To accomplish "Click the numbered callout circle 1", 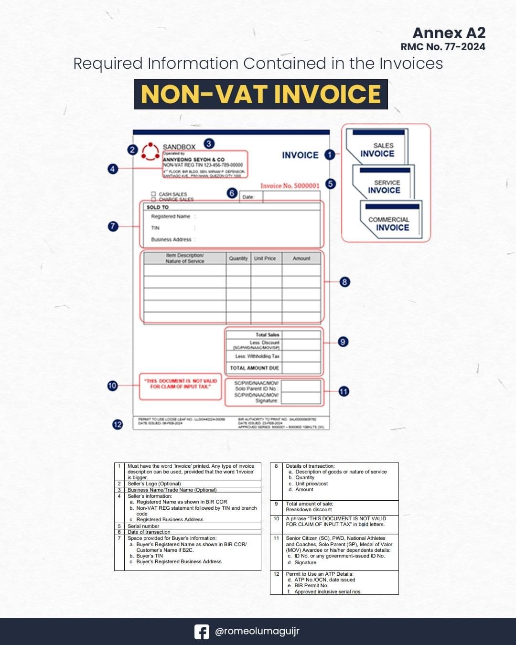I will (x=329, y=155).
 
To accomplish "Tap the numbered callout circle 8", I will (x=344, y=282).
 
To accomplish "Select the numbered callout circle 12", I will (x=118, y=424).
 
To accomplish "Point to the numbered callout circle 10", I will (x=112, y=386).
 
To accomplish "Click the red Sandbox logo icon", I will (x=150, y=150).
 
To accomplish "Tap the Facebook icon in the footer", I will (x=202, y=632).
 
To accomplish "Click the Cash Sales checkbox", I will (x=154, y=193).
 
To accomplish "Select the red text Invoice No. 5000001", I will (x=290, y=186).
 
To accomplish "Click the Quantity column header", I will (x=238, y=258).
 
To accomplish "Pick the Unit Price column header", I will (x=265, y=258).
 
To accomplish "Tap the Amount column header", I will (x=301, y=258).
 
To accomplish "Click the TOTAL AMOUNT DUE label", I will (x=254, y=368).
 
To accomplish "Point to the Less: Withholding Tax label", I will (x=257, y=356).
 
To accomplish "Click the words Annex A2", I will (x=449, y=33).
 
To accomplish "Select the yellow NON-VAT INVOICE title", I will (x=260, y=94).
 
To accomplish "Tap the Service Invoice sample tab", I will (x=384, y=186).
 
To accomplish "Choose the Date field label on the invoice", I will (x=247, y=197).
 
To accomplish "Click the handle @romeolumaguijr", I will (x=257, y=632).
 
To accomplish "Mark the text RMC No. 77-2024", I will (x=443, y=47).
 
